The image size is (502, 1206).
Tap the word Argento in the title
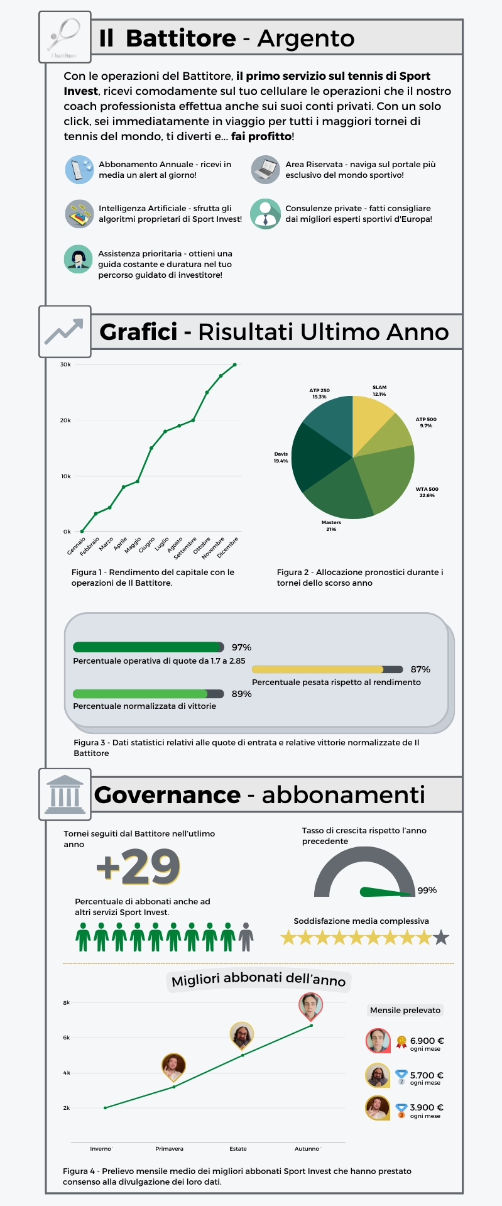pos(306,38)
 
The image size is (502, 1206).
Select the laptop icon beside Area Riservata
pos(265,169)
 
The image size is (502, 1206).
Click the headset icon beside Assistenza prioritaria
pos(79,259)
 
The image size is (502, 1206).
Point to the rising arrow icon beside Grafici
pos(64,331)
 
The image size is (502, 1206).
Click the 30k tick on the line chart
pos(65,365)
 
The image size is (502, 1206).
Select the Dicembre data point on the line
pos(235,365)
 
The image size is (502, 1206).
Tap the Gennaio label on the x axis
pos(77,545)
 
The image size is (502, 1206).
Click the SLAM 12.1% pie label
pos(379,391)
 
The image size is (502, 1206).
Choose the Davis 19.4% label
pos(281,457)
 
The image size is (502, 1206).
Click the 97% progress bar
pos(148,647)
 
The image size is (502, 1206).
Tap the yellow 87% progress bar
pos(327,669)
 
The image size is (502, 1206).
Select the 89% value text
pos(241,694)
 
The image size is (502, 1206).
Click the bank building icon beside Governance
pos(65,794)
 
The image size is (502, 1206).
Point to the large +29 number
pos(138,867)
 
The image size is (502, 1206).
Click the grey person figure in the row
pos(246,936)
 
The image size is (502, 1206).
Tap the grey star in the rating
pos(442,938)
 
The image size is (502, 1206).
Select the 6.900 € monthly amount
pos(427,1041)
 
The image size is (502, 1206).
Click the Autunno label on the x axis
pos(307,1149)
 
